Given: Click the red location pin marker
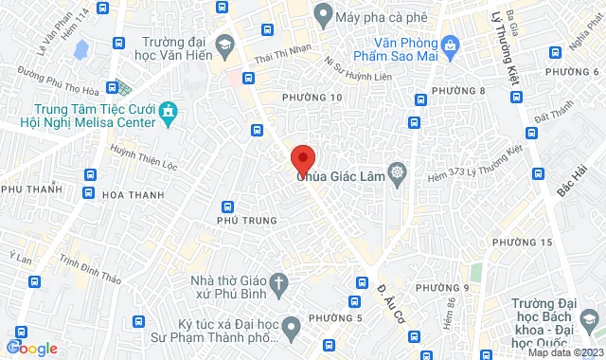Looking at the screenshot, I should click(302, 158).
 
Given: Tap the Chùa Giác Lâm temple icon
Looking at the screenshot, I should click(397, 172).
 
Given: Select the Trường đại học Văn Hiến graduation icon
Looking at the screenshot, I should click(225, 44).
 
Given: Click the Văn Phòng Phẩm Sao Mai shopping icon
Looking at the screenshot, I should click(450, 44).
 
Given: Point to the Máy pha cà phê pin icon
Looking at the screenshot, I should click(322, 14).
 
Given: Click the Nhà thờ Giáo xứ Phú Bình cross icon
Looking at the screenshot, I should click(278, 281).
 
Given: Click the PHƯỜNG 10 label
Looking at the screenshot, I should click(312, 98).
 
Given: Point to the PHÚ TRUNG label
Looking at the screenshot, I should click(247, 221).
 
